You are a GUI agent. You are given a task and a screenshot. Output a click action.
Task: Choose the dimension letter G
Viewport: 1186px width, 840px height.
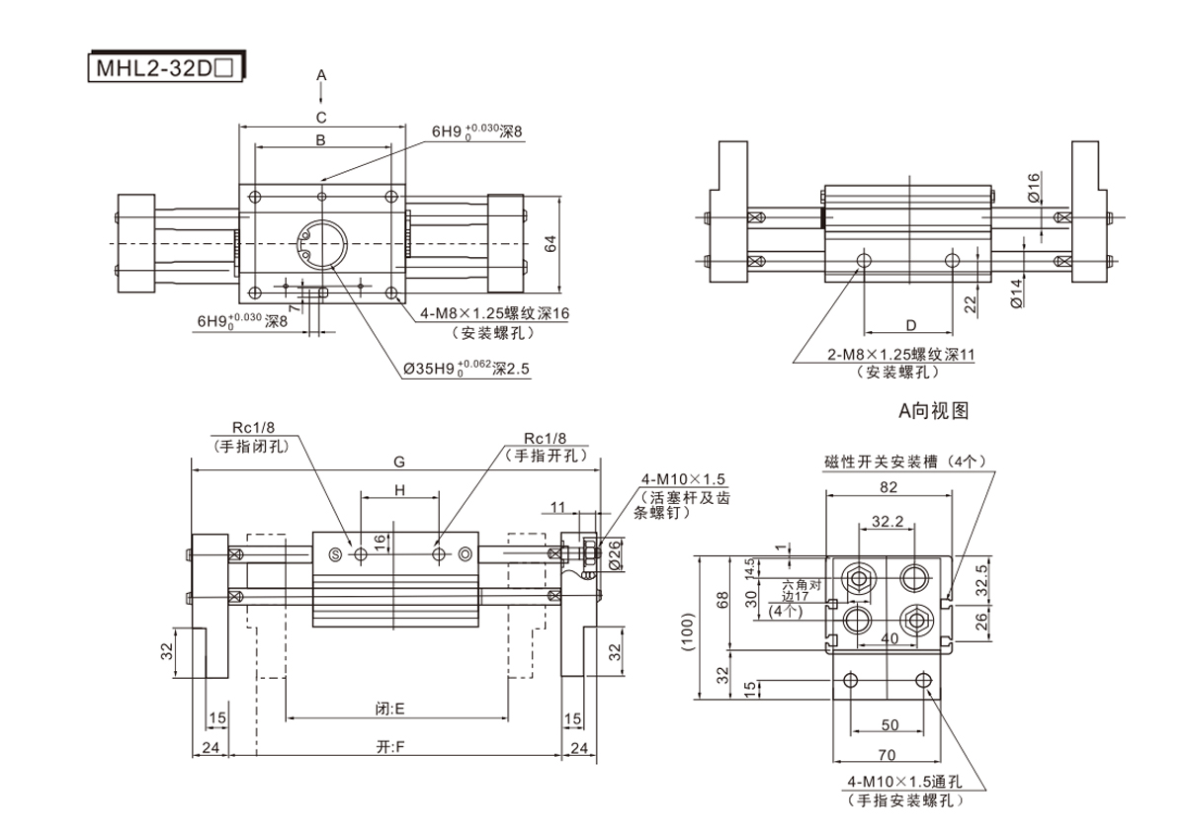point(398,461)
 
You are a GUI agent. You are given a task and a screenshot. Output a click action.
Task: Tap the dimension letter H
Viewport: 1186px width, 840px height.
point(400,489)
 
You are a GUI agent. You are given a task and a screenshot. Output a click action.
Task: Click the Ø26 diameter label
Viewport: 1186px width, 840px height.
point(616,555)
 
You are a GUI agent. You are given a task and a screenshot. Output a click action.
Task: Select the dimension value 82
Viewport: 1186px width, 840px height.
point(888,486)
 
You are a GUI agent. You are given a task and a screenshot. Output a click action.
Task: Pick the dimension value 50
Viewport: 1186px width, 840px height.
point(889,724)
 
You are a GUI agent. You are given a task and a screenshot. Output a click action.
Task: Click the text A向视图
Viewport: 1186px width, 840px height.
point(932,411)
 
